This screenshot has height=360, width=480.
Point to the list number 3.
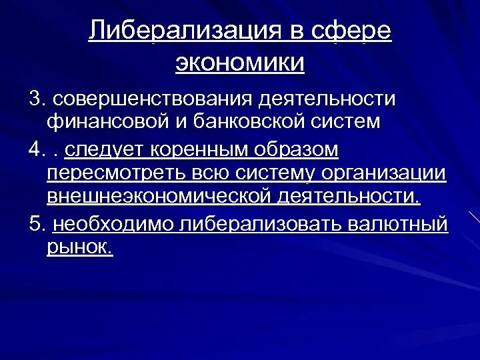coord(35,99)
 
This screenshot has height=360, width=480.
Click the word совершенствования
coord(151,99)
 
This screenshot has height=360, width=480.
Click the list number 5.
coord(35,224)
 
